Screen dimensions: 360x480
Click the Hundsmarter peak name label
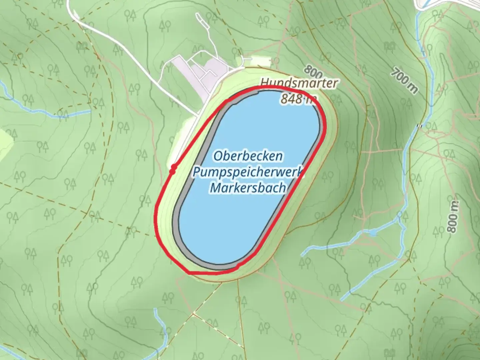click(299, 83)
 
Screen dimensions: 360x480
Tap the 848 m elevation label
click(298, 99)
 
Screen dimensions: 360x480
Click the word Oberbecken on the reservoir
click(248, 156)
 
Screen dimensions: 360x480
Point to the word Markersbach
click(248, 188)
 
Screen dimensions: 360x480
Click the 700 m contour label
click(404, 80)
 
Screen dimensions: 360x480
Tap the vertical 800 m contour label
click(452, 217)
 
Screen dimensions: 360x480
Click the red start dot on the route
click(173, 169)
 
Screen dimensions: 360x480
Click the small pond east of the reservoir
click(373, 232)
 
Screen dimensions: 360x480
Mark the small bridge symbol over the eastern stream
click(420, 125)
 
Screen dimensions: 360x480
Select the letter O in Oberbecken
click(218, 156)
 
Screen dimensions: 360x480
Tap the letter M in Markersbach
click(215, 188)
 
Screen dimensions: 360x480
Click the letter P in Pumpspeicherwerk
click(197, 172)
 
